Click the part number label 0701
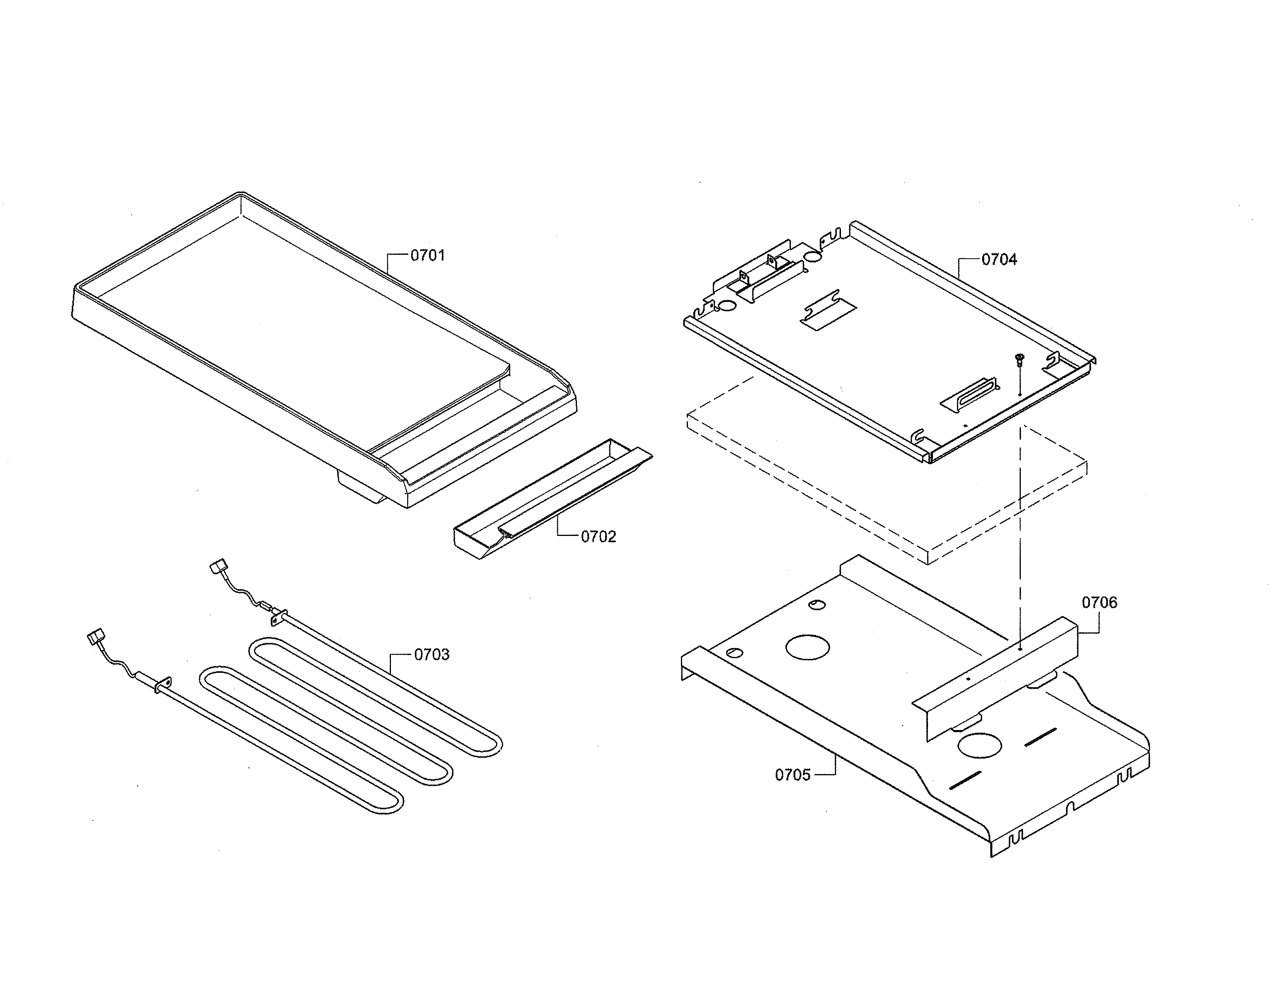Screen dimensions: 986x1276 427,255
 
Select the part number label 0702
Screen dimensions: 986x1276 598,536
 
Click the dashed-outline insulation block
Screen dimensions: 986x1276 888,473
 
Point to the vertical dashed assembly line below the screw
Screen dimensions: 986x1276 1020,526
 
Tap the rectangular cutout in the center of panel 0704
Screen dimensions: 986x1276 829,316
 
